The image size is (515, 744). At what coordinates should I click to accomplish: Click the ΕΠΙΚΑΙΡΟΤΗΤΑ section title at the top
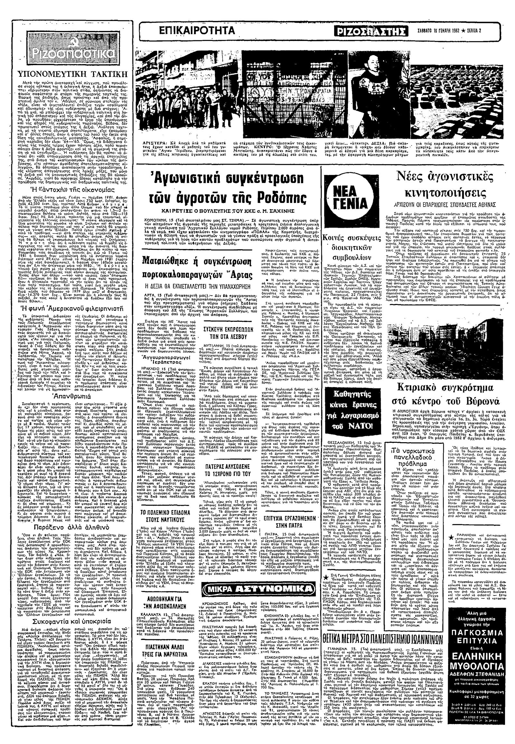click(x=197, y=31)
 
